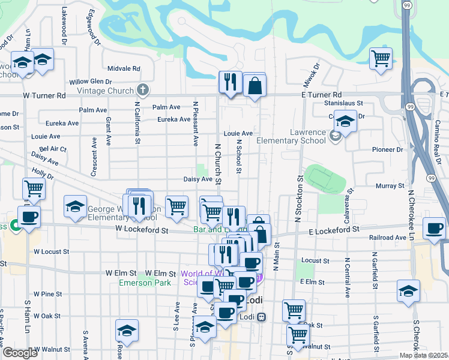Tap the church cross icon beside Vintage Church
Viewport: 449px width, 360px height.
142,90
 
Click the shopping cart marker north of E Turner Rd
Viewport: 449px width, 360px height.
381,59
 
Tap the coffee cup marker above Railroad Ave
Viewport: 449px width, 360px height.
435,229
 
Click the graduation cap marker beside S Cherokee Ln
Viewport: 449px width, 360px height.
408,292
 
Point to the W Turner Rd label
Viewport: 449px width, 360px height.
44,95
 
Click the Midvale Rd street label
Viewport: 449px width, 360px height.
124,68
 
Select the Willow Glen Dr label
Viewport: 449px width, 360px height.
91,81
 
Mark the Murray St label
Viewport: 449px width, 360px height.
390,186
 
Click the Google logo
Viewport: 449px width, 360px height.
20,353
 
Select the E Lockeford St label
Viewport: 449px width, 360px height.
334,229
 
